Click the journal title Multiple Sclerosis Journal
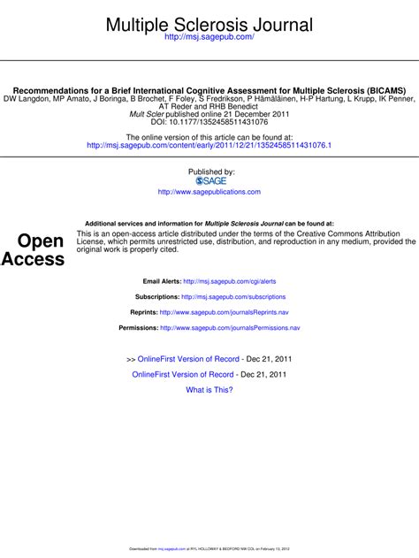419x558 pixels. [x=209, y=24]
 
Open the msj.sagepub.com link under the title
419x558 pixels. [x=209, y=39]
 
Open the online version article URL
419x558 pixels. [x=209, y=145]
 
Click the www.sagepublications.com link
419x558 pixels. [x=209, y=192]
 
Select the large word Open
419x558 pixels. [x=41, y=241]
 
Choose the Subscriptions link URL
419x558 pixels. [x=232, y=297]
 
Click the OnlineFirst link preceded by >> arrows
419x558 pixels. [x=188, y=359]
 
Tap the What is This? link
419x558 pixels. [x=209, y=389]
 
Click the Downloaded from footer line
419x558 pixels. [x=209, y=548]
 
